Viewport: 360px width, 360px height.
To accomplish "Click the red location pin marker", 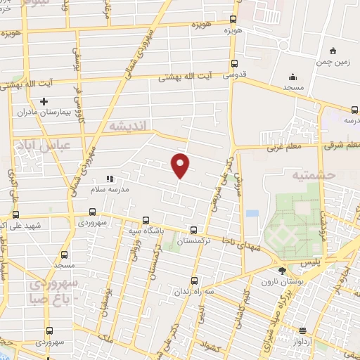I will point(181,166).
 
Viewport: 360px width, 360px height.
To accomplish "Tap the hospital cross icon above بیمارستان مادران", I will point(44,102).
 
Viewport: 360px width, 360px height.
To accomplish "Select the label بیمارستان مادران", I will point(46,112).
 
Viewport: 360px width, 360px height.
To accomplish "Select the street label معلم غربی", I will point(283,148).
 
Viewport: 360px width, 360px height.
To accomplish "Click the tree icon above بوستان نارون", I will point(282,270).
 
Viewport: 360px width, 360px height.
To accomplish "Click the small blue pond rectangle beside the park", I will point(252,213).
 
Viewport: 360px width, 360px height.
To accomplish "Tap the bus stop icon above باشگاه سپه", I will point(146,219).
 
